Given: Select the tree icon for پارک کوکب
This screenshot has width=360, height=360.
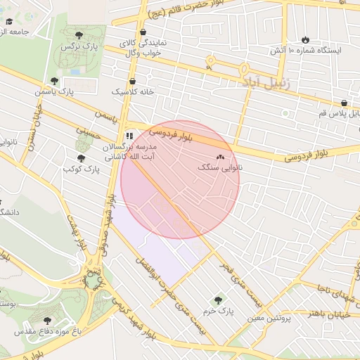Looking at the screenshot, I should pyautogui.click(x=81, y=158).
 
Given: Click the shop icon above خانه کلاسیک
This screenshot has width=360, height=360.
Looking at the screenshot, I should pyautogui.click(x=132, y=81).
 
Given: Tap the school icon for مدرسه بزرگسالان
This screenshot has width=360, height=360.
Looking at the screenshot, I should pyautogui.click(x=129, y=135).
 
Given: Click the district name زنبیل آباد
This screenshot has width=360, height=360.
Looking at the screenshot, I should pyautogui.click(x=269, y=82).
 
